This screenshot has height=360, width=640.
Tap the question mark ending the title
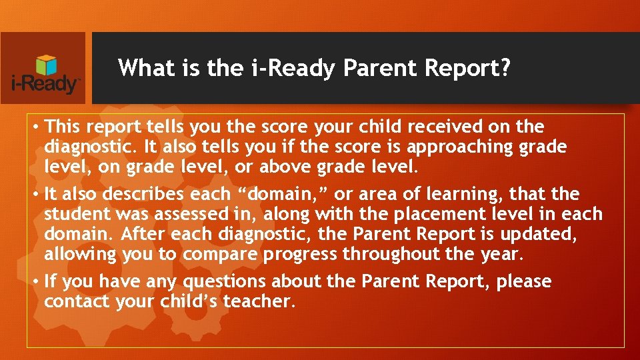506,68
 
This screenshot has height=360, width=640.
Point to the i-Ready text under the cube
46,85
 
